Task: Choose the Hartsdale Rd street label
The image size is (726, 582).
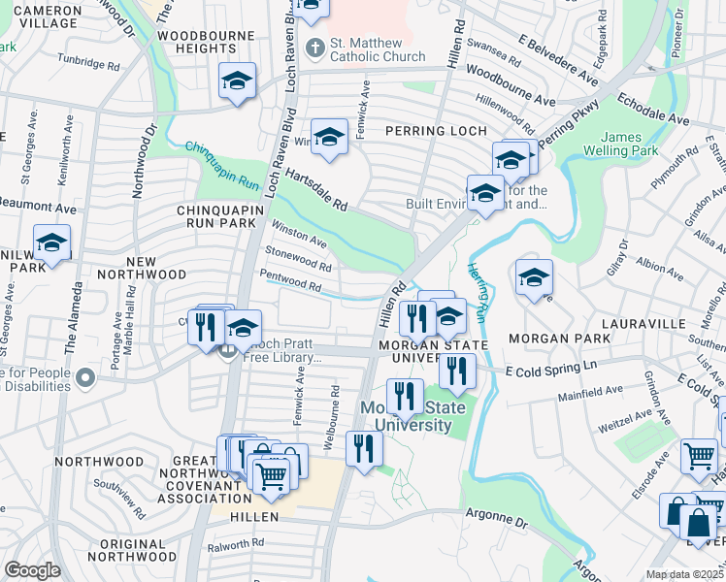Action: tap(316, 189)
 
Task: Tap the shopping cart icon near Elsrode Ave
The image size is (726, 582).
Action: tap(699, 455)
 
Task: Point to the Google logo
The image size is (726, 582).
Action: tap(32, 570)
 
